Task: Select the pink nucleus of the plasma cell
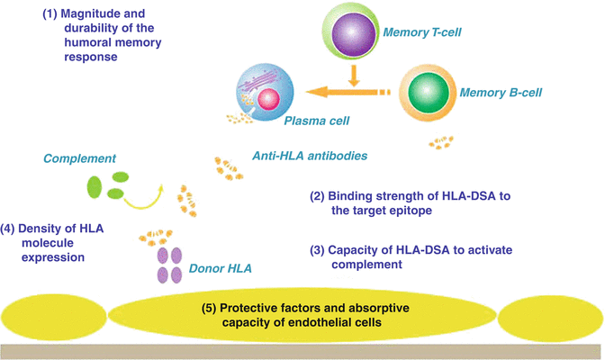tap(267, 97)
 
